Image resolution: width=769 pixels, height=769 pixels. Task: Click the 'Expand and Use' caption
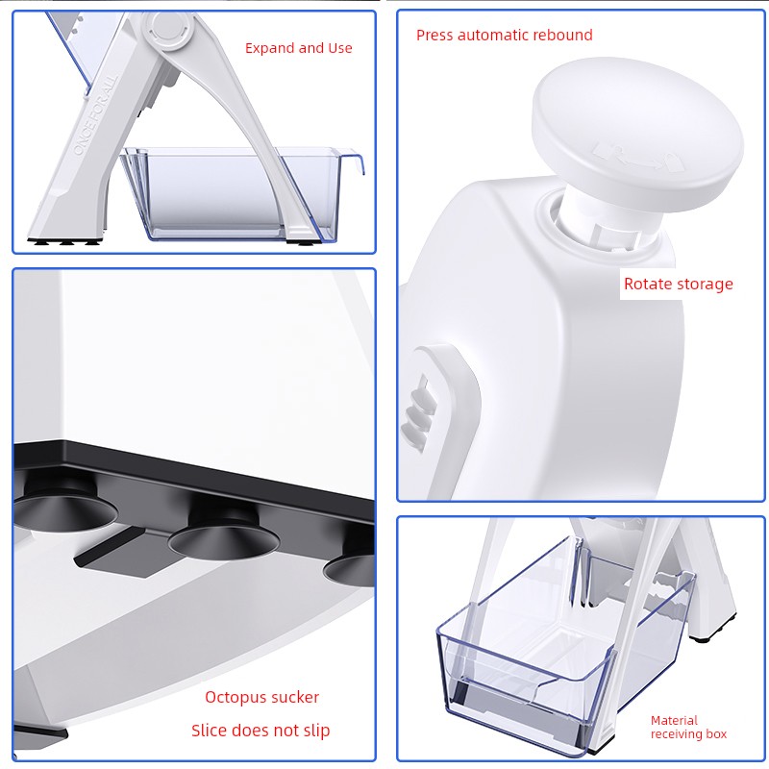click(x=298, y=48)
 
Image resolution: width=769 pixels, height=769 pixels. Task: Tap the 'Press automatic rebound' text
click(x=504, y=36)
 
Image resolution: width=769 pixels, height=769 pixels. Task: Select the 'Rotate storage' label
click(x=679, y=284)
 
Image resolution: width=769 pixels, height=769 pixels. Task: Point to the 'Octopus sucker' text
click(x=261, y=697)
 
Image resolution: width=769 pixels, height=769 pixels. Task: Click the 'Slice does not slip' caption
click(x=260, y=731)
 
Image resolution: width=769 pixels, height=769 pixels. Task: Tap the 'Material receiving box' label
click(x=688, y=728)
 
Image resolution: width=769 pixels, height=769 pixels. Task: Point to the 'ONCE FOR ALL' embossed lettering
click(x=95, y=113)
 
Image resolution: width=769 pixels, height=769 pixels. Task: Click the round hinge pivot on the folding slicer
click(x=167, y=29)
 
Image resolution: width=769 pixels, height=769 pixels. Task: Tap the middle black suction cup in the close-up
click(x=224, y=536)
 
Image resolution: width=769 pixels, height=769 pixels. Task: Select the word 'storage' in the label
click(x=706, y=284)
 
